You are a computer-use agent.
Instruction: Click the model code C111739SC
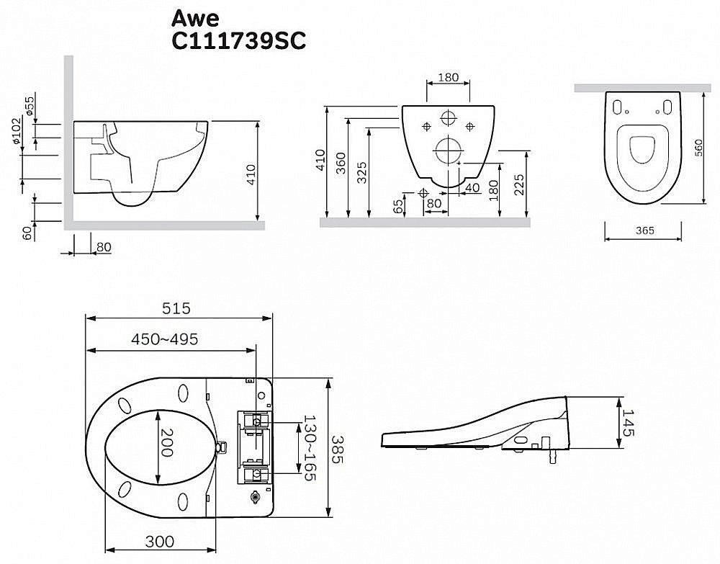point(238,41)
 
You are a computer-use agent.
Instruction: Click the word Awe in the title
point(195,18)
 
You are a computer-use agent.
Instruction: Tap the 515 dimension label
point(176,308)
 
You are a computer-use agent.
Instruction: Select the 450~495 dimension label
point(165,339)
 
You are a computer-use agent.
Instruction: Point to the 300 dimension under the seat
point(160,542)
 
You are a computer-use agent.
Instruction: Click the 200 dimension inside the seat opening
point(166,443)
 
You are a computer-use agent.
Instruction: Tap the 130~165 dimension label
point(310,448)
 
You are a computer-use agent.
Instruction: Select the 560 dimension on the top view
point(698,148)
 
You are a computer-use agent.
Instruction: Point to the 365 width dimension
point(644,230)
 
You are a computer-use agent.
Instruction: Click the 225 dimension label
point(519,184)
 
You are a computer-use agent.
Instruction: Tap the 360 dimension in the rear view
point(341,164)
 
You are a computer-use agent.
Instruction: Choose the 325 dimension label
point(362,173)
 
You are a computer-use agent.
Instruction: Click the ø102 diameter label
point(17,131)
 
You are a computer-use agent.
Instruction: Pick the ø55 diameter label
point(30,106)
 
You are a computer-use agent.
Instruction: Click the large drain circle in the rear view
point(448,151)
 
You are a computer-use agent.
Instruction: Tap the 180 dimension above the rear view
point(448,77)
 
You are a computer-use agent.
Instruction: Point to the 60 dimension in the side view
point(28,233)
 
